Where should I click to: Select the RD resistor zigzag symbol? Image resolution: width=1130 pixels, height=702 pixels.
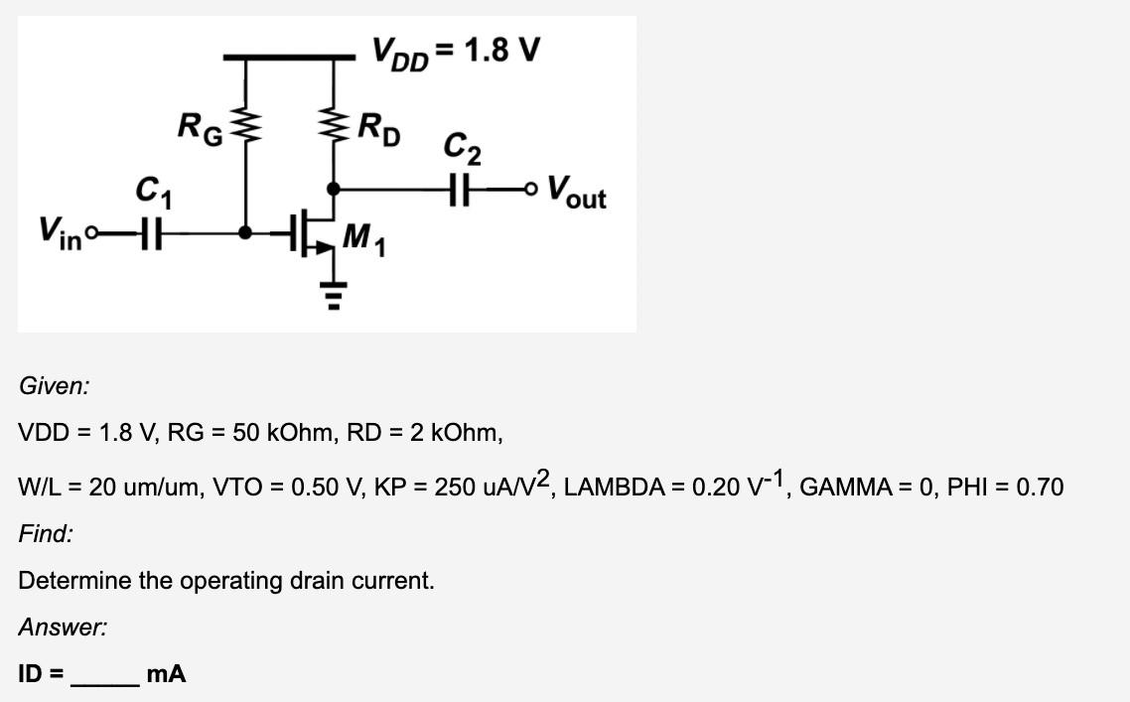pyautogui.click(x=333, y=127)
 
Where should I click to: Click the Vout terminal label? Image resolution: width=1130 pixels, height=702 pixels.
pyautogui.click(x=576, y=190)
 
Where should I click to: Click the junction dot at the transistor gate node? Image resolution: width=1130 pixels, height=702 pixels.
pyautogui.click(x=247, y=234)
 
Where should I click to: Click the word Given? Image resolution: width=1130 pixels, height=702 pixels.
pyautogui.click(x=53, y=386)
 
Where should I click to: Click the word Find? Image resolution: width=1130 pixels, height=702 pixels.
pyautogui.click(x=46, y=534)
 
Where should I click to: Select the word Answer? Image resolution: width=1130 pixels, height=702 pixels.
pyautogui.click(x=63, y=627)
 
